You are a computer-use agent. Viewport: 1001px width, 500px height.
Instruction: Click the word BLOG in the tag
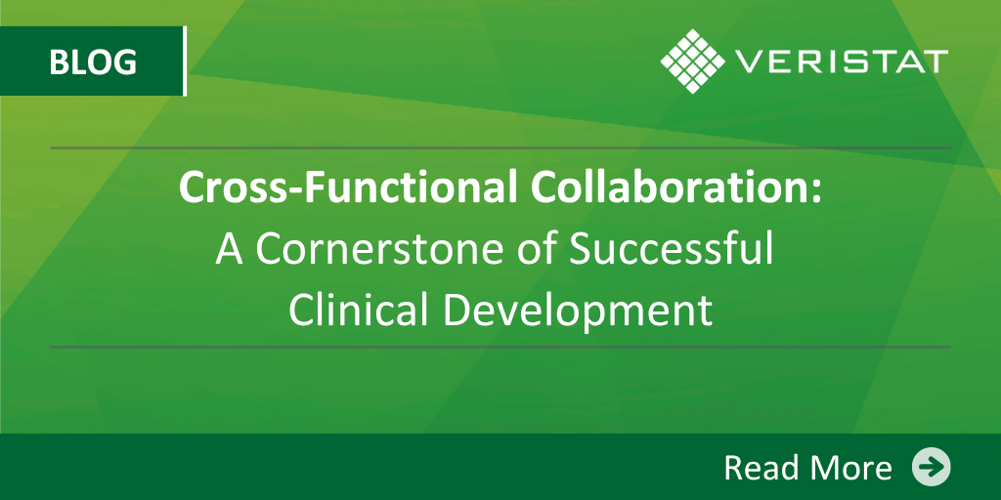[x=93, y=62]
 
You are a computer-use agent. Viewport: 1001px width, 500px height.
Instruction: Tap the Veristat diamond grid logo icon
[x=692, y=62]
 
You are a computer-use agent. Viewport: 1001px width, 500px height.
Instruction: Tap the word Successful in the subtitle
[x=672, y=249]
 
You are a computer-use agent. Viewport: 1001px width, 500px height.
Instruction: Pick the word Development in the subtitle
[x=577, y=312]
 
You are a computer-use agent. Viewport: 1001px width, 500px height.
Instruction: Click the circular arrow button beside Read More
[x=931, y=467]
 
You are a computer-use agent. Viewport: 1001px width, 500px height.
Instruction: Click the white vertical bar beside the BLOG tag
[x=185, y=62]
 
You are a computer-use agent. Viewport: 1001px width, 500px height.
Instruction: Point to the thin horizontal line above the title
[x=500, y=148]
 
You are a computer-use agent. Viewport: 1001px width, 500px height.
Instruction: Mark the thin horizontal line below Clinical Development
[x=500, y=348]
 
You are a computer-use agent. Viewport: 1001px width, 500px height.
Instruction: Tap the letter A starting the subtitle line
[x=229, y=250]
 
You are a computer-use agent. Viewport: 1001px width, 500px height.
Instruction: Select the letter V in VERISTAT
[x=747, y=62]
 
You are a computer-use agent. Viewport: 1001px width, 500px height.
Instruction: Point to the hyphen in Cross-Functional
[x=290, y=192]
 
